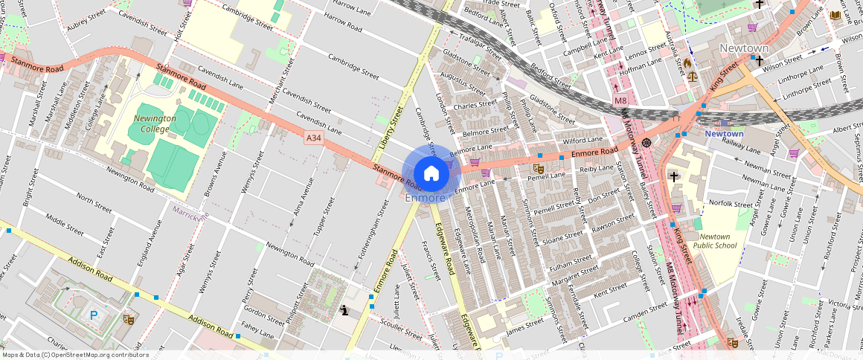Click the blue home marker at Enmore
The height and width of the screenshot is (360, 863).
click(x=431, y=173)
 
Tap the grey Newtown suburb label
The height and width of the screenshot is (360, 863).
click(x=744, y=48)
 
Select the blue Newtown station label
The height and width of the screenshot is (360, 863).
click(x=724, y=134)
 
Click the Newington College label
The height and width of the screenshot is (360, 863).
click(x=155, y=123)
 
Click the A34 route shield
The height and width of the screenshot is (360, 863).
click(x=314, y=138)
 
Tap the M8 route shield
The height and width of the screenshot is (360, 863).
click(x=620, y=100)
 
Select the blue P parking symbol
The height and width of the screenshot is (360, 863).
click(x=94, y=315)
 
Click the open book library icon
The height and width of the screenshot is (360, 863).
click(x=835, y=15)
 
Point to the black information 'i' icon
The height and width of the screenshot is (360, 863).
click(x=343, y=309)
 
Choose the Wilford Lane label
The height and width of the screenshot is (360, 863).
click(x=583, y=140)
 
